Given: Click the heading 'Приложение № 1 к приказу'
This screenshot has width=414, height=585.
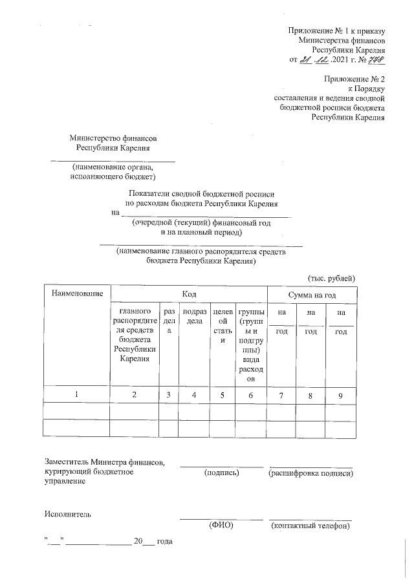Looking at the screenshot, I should point(336,30).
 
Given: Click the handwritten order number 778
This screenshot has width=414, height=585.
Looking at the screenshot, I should point(376,60).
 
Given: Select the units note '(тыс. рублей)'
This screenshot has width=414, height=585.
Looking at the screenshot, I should point(331,278).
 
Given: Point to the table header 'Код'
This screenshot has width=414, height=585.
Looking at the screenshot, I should point(189,294).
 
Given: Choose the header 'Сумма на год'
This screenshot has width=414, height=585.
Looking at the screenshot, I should point(312,294).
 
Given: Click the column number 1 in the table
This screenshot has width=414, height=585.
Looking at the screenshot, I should point(78,395).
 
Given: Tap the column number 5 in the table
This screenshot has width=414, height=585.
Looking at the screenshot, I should point(222,395).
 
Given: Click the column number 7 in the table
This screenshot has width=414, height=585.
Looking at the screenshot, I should point(281,395).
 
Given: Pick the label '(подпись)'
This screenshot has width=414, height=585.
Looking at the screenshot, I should point(221,473).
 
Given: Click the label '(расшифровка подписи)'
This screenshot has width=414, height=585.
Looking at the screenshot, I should point(310,473).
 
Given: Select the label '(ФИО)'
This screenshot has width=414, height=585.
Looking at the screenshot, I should point(221,526).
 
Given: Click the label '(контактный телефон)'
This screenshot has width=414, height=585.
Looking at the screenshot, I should point(310,526).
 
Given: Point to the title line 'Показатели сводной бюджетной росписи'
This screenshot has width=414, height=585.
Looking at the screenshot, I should point(202,193).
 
